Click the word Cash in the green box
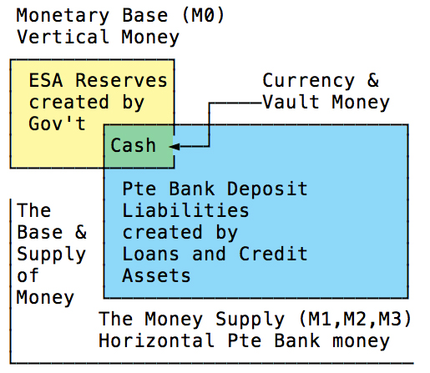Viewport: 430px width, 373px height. pyautogui.click(x=133, y=145)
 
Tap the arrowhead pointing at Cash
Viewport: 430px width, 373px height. pyautogui.click(x=175, y=146)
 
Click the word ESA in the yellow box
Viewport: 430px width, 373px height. pyautogui.click(x=46, y=80)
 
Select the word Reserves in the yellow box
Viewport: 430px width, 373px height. pyautogui.click(x=121, y=80)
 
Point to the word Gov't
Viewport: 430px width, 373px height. pyautogui.click(x=57, y=123)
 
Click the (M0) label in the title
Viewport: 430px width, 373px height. pyautogui.click(x=203, y=15)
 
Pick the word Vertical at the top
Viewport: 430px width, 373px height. pyautogui.click(x=63, y=37)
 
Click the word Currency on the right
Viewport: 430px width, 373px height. pyautogui.click(x=309, y=82)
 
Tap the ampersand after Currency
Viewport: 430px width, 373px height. pyautogui.click(x=373, y=80)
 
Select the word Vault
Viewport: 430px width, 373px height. pyautogui.click(x=291, y=102)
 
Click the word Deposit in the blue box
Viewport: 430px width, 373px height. pyautogui.click(x=267, y=189)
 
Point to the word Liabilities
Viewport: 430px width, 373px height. pyautogui.click(x=185, y=210)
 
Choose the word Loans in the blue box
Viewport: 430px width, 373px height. pyautogui.click(x=150, y=254)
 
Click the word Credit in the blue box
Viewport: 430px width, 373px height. pyautogui.click(x=273, y=254)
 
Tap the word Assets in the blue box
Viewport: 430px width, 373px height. pyautogui.click(x=156, y=275)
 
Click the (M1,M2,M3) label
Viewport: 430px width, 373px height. pyautogui.click(x=355, y=319)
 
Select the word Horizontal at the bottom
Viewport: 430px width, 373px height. pyautogui.click(x=156, y=340)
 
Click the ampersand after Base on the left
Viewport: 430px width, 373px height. pyautogui.click(x=81, y=232)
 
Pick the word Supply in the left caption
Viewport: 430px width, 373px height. pyautogui.click(x=51, y=255)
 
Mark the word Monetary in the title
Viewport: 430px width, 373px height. pyautogui.click(x=63, y=16)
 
